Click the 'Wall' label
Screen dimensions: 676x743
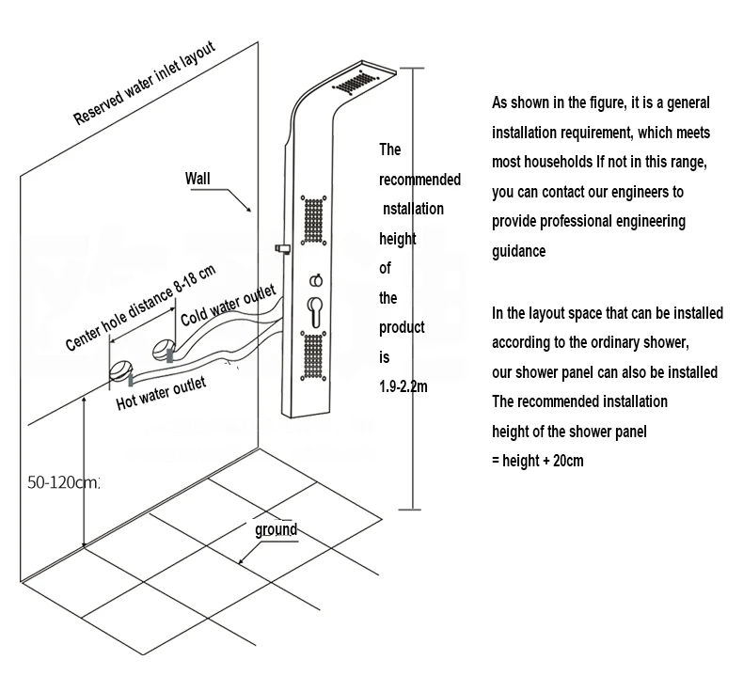coord(199,177)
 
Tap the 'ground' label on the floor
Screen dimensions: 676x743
coord(276,529)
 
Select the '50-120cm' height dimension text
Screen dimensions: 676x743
coord(62,482)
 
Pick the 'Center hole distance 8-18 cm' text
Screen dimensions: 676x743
coord(140,307)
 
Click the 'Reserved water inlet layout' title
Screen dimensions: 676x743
coord(144,84)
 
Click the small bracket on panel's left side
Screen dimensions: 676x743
coord(279,249)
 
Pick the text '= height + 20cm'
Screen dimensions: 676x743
coord(538,461)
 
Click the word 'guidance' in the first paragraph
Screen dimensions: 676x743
coord(518,252)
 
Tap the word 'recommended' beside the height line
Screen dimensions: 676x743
coord(419,179)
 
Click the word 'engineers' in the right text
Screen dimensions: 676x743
coord(654,192)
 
